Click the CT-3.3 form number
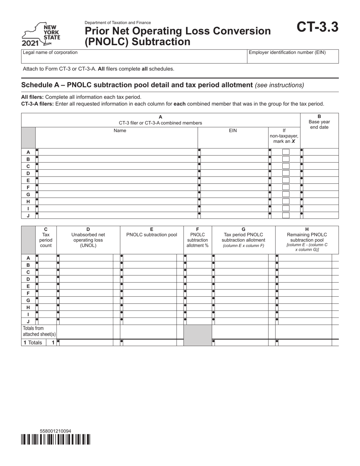(317, 27)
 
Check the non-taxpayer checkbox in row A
(286, 152)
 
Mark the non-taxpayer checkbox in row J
(286, 215)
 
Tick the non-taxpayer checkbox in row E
(286, 180)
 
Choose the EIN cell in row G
(233, 194)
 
